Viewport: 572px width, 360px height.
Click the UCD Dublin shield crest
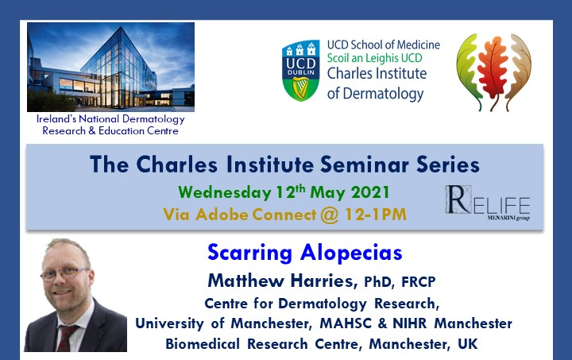pos(300,71)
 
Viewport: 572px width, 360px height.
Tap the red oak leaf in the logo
pos(493,68)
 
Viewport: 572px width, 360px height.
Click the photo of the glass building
pos(110,67)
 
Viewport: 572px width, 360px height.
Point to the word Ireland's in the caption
pos(56,119)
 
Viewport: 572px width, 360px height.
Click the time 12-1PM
pos(376,215)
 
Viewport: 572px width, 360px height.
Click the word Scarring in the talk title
pos(250,253)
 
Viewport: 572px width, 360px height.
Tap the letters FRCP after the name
pos(419,281)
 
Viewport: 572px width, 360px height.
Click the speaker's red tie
pos(65,338)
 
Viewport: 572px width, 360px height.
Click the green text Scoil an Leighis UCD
pos(374,58)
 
